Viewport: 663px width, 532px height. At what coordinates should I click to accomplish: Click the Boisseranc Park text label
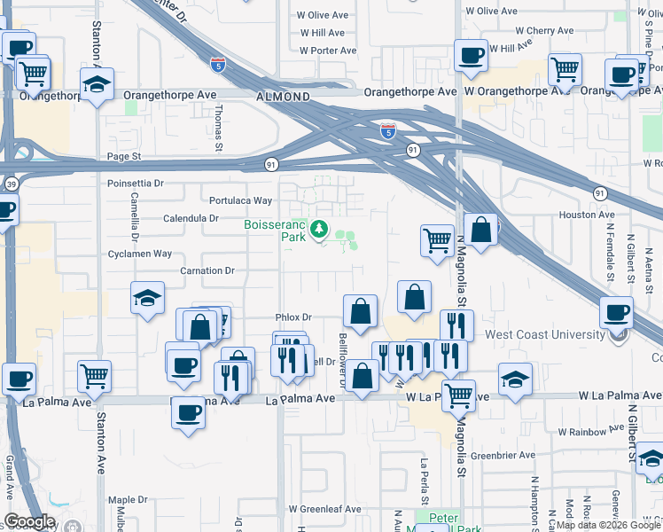(275, 231)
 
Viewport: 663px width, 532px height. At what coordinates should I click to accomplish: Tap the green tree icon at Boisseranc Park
(319, 231)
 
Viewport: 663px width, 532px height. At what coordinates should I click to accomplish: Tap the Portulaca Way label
(240, 200)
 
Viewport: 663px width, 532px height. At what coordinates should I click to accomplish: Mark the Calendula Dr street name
(191, 217)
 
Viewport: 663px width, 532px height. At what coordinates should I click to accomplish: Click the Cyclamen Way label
(138, 254)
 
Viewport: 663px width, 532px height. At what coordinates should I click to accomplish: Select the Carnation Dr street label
(207, 270)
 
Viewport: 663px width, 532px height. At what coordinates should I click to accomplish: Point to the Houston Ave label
(586, 215)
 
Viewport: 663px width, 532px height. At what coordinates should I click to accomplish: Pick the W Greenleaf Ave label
(329, 509)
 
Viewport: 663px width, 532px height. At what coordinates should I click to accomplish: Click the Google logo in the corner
(29, 521)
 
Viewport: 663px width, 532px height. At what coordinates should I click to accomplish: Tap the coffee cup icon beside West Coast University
(617, 312)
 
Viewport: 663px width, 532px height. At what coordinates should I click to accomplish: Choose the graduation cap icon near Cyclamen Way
(147, 298)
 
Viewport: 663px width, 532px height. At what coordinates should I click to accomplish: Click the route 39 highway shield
(8, 184)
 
